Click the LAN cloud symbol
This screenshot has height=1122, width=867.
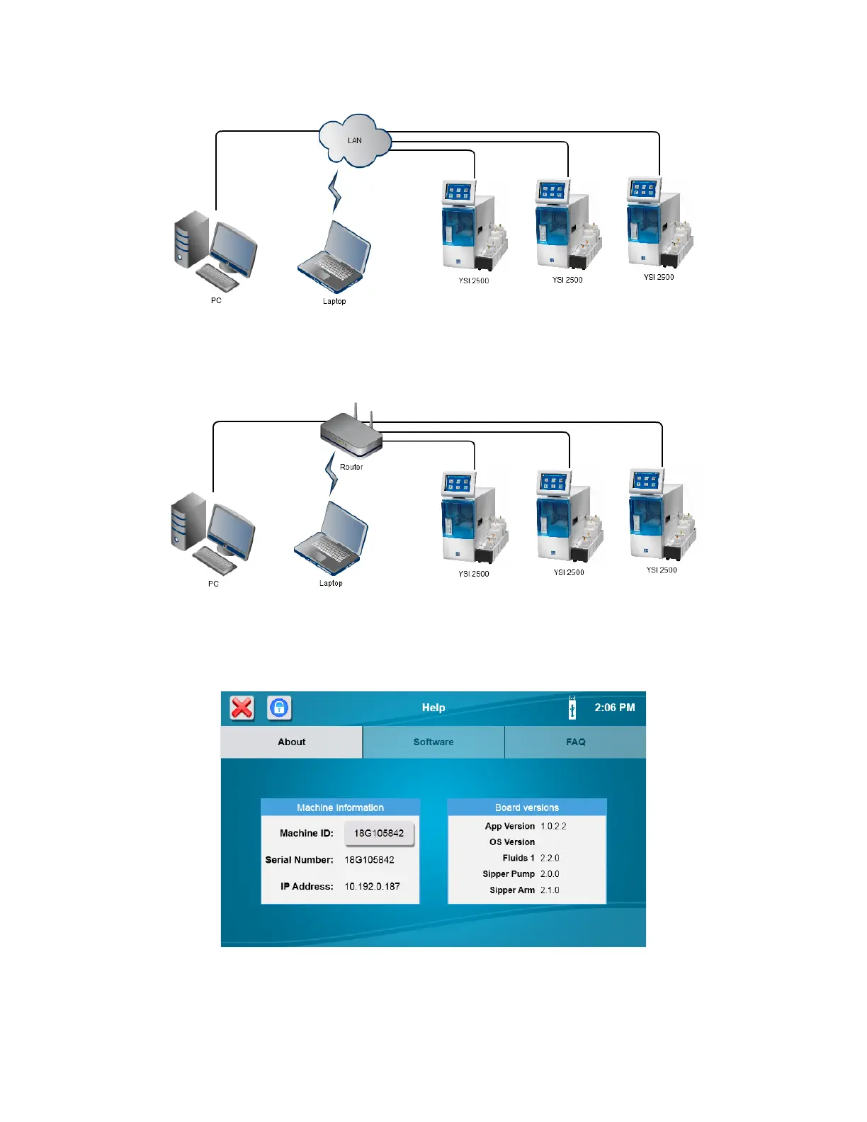354,140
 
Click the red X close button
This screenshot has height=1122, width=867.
242,708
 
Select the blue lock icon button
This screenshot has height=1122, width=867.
279,708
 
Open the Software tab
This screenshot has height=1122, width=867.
433,742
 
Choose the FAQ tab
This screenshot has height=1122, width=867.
575,742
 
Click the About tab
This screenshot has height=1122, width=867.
291,742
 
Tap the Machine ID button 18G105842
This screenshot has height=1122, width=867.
379,833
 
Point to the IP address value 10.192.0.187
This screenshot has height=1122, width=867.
372,886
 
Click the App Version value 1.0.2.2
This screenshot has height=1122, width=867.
553,826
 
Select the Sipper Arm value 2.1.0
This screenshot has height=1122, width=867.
550,890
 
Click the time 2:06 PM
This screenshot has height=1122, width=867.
614,708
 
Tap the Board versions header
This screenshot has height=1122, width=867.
526,807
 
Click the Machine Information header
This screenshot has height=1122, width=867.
340,807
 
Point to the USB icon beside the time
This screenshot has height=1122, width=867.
572,708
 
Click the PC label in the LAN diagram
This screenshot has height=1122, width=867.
216,300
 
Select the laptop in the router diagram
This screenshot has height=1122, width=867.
331,538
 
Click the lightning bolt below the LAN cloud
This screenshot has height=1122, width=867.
335,192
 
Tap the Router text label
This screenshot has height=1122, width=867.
351,467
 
